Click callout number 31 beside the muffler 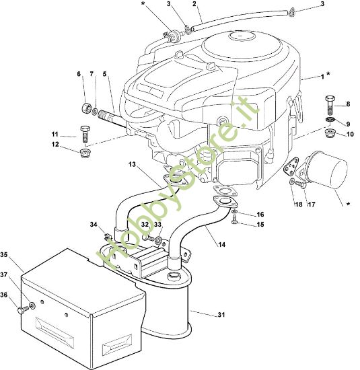221,315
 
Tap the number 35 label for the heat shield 4,254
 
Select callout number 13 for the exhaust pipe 133,164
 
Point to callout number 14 221,245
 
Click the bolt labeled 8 330,106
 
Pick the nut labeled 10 330,134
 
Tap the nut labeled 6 86,108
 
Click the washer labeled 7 95,111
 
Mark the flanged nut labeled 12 85,153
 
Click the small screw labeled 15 234,220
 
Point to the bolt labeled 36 22,310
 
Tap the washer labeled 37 32,306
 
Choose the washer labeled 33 158,240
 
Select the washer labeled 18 292,182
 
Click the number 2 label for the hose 194,4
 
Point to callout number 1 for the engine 322,77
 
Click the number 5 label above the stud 104,74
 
